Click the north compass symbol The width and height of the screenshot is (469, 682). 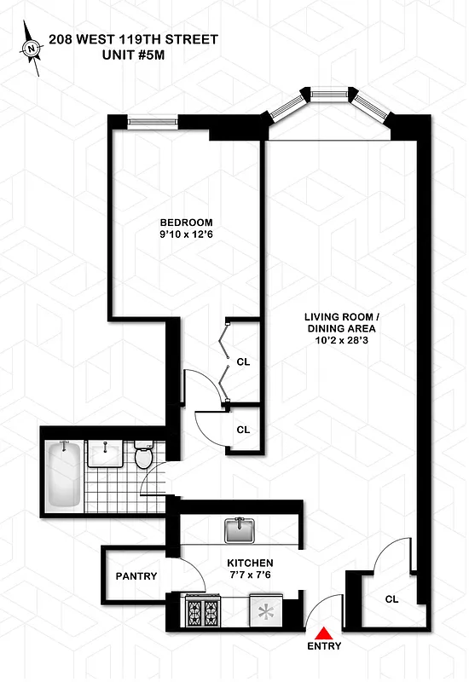tap(32, 49)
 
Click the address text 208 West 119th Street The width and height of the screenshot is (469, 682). tap(133, 39)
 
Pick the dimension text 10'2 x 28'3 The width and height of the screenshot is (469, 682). tap(341, 340)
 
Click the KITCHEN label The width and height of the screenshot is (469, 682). tap(250, 564)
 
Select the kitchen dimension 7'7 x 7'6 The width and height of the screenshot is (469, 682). tap(250, 577)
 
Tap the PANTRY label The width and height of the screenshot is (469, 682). tap(136, 576)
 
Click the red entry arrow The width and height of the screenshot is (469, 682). tap(324, 633)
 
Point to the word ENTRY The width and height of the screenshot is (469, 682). tap(324, 647)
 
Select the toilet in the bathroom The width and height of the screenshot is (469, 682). tap(143, 458)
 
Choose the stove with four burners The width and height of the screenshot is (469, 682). tap(205, 611)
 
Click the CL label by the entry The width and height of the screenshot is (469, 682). tap(391, 599)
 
